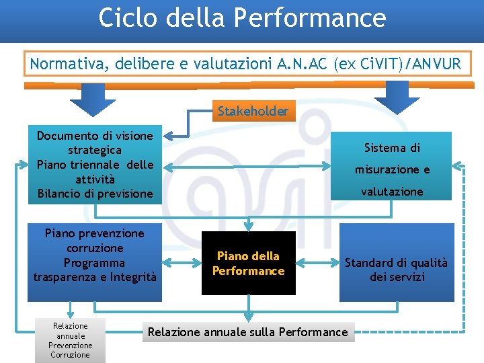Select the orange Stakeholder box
(253, 111)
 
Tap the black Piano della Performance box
(249, 263)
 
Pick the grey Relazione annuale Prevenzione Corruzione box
(70, 340)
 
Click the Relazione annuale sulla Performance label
(248, 331)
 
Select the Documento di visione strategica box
(95, 143)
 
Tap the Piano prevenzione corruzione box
(95, 241)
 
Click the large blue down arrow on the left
(93, 99)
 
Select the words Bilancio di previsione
(95, 194)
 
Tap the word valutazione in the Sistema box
(392, 192)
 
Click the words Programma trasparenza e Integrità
(95, 270)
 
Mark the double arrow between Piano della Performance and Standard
(317, 263)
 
